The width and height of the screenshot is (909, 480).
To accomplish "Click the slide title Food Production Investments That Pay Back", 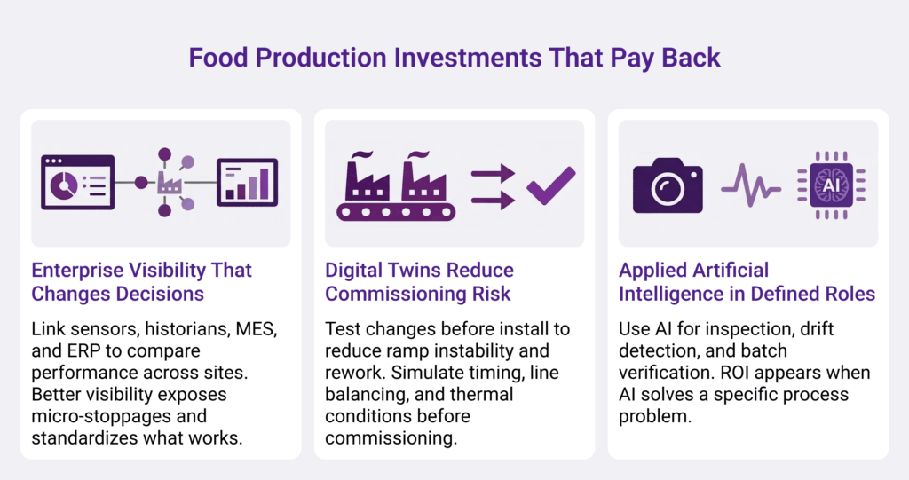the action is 454,58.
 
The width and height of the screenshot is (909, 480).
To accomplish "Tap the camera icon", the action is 668,185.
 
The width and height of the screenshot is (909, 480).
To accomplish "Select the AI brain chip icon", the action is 831,185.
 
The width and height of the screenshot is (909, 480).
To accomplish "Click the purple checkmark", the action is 550,185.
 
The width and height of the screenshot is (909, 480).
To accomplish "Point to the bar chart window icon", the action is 247,183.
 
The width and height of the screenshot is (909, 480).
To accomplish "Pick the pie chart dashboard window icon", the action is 78,182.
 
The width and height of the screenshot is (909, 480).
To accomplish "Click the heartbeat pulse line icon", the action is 750,185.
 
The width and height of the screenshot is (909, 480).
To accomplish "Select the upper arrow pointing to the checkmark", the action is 493,173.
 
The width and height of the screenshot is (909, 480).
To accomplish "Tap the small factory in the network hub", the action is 170,183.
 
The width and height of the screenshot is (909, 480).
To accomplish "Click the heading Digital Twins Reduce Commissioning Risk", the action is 419,282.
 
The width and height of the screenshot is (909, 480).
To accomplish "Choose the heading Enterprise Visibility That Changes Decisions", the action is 141,282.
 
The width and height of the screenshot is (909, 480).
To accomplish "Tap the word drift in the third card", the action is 817,329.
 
